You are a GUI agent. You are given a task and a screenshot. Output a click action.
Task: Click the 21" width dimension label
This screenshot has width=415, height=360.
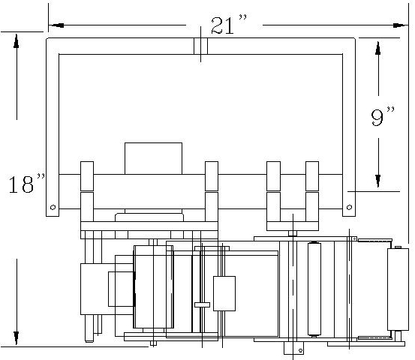[x=229, y=25]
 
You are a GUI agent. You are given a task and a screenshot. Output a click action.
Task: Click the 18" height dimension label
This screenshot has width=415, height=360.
[x=26, y=183]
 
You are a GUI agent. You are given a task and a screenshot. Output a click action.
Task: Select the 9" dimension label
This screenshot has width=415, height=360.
[x=382, y=116]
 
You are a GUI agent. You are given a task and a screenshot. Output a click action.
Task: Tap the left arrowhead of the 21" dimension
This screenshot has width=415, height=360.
[x=57, y=25]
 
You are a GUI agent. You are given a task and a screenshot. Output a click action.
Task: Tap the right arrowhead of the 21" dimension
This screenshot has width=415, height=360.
[x=400, y=25]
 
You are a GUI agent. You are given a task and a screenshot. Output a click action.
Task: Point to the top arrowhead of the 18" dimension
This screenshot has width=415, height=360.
[x=17, y=41]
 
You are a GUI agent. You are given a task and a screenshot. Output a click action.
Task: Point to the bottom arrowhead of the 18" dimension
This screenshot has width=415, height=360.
[x=17, y=337]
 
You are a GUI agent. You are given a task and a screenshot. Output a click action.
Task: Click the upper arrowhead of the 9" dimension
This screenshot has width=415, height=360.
[x=378, y=48]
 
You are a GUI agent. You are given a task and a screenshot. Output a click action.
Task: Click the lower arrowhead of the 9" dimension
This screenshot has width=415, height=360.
[x=378, y=181]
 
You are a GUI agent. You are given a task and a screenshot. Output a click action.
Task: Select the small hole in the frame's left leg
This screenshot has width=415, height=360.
[x=53, y=207]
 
